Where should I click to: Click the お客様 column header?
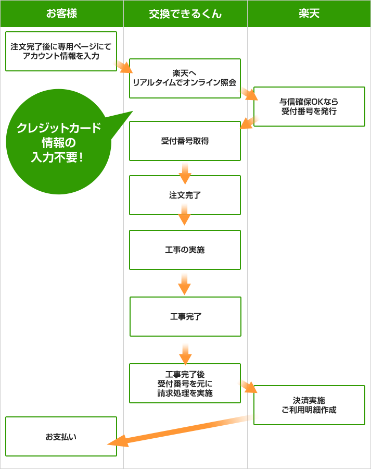coord(61,14)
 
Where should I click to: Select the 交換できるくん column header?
coord(185,14)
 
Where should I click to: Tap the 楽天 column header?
coord(309,14)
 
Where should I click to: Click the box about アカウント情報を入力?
coord(61,51)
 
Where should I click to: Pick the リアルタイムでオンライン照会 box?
coord(185,78)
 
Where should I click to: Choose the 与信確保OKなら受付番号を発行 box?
coord(309,106)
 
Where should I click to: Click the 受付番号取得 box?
coord(185,141)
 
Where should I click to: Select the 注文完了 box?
coord(185,195)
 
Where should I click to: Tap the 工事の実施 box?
coord(185,250)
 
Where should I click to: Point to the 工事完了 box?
coord(185,316)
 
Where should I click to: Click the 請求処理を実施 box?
coord(185,383)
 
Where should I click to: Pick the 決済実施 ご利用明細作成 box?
coord(309,405)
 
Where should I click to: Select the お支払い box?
coord(61,436)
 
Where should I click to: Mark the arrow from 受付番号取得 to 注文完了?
coord(185,174)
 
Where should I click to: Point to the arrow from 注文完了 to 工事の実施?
coord(184,215)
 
